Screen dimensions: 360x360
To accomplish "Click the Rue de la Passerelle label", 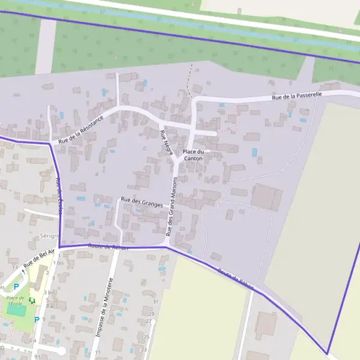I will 297,95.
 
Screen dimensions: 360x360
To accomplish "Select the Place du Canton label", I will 194,155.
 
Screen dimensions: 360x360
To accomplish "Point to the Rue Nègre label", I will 166,142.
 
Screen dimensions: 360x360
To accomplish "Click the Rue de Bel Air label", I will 39,258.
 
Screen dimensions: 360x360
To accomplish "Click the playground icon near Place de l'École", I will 32,301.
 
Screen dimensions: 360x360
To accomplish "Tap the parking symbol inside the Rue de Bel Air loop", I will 16,287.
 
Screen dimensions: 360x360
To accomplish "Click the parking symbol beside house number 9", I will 36,319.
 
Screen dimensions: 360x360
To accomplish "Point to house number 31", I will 155,301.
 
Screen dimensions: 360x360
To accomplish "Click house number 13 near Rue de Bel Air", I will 15,266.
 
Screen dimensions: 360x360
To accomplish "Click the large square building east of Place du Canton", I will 266,197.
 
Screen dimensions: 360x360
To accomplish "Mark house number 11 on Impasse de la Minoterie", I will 97,352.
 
